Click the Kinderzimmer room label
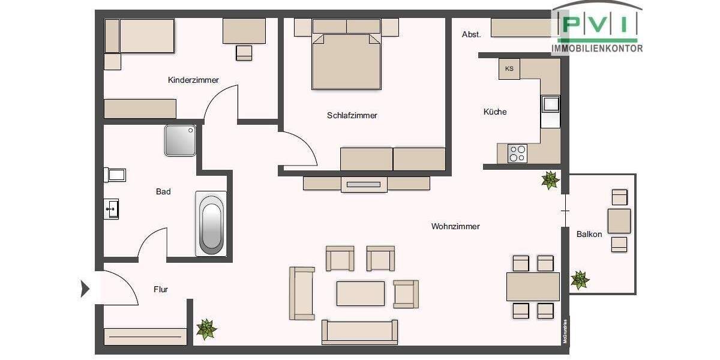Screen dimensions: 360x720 [193, 80]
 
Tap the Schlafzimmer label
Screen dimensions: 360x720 [352, 115]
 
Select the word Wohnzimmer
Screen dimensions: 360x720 [455, 226]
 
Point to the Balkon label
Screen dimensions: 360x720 [589, 234]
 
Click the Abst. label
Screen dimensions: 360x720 [471, 35]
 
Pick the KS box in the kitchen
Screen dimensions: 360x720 [509, 68]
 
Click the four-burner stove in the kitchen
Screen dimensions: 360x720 [517, 154]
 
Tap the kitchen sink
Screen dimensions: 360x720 [550, 104]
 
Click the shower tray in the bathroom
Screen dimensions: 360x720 [180, 140]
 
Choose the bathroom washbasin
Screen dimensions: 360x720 [111, 209]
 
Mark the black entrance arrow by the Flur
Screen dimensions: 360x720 [85, 289]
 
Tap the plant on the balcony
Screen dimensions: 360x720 [580, 280]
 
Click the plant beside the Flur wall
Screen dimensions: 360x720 [206, 329]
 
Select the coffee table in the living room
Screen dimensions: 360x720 [360, 293]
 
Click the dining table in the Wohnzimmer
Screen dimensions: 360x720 [533, 286]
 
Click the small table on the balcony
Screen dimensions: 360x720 [619, 221]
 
